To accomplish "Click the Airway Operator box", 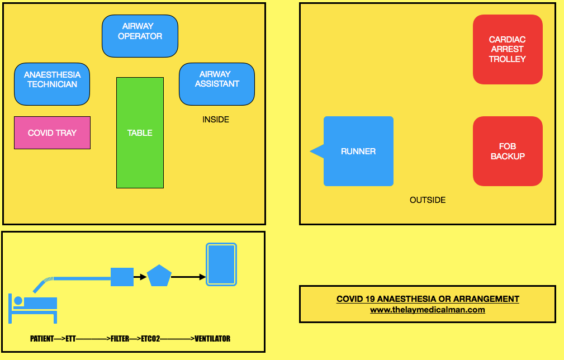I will pyautogui.click(x=140, y=35).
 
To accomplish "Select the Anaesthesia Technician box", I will pyautogui.click(x=52, y=84).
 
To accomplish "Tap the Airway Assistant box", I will pyautogui.click(x=217, y=84).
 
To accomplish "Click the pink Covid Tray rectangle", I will pyautogui.click(x=52, y=132).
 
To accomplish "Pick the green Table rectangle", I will pyautogui.click(x=140, y=132).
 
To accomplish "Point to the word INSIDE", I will pyautogui.click(x=216, y=120).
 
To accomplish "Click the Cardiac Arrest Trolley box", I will pyautogui.click(x=508, y=49).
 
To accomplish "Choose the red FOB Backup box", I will pyautogui.click(x=508, y=151).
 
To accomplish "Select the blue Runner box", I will pyautogui.click(x=358, y=151).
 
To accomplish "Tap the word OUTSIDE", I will pyautogui.click(x=428, y=200).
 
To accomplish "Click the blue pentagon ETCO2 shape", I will pyautogui.click(x=159, y=276).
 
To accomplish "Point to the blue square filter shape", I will pyautogui.click(x=122, y=277).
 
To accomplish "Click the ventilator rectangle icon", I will pyautogui.click(x=221, y=264).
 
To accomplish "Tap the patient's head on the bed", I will pyautogui.click(x=18, y=301).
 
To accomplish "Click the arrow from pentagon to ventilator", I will pyautogui.click(x=188, y=277).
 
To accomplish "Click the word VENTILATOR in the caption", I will pyautogui.click(x=212, y=339).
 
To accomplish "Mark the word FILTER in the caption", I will pyautogui.click(x=120, y=339).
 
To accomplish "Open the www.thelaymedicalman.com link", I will pyautogui.click(x=428, y=310).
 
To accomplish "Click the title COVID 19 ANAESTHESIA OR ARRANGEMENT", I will pyautogui.click(x=428, y=299).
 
